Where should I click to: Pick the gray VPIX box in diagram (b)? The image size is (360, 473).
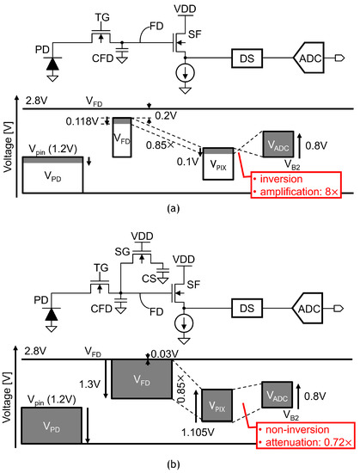[220, 403]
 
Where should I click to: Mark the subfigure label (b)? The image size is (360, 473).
[180, 463]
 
